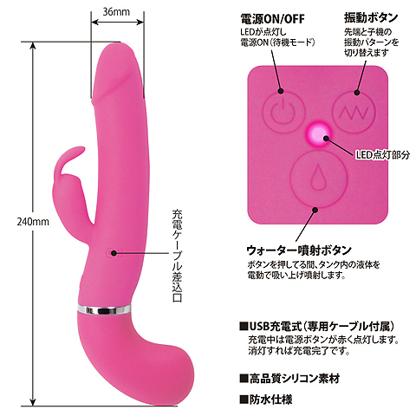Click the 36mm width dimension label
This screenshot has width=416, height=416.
tap(116, 12)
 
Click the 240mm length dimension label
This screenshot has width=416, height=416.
tap(33, 222)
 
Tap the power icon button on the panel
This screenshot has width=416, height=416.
tap(283, 112)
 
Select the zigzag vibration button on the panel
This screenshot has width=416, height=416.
tap(354, 112)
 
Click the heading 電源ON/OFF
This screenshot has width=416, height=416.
tap(272, 19)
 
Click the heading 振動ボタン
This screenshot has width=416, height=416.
tap(371, 17)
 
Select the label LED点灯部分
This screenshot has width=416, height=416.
tap(382, 155)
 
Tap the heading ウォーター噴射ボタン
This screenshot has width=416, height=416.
tap(299, 250)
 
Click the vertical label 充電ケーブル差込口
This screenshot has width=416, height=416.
tap(177, 256)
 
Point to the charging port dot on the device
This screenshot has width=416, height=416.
tap(114, 253)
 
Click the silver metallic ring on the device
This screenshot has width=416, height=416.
tap(104, 309)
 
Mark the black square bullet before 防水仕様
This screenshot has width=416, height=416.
tap(244, 400)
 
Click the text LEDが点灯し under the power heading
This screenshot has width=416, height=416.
tap(263, 32)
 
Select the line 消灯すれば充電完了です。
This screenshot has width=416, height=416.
tap(299, 351)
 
